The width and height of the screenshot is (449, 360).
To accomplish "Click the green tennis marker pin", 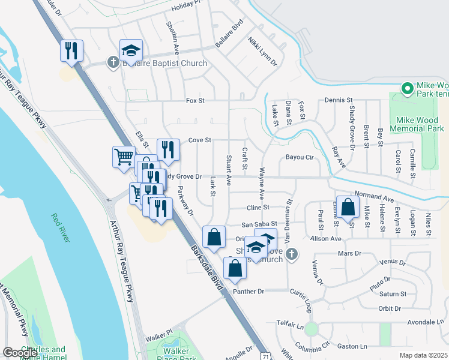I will coord(408,89).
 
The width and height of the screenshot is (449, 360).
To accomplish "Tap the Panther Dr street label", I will coord(252,292).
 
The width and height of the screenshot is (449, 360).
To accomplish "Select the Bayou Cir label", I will coord(301,158).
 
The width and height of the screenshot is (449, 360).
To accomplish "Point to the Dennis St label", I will coord(339,100).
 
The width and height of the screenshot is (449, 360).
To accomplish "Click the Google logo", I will coord(20,353).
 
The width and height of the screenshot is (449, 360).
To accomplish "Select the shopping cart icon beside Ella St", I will coord(123,157).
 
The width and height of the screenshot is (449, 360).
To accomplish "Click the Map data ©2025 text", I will coord(423,355).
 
